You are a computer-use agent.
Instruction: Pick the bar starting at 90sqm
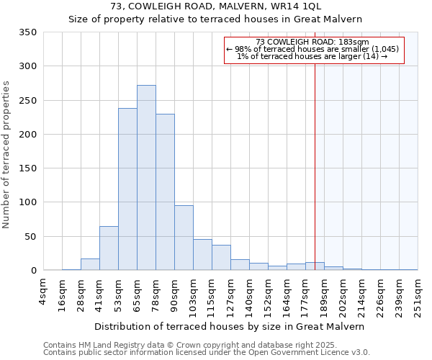point(184,238)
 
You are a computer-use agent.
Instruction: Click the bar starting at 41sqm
point(109,248)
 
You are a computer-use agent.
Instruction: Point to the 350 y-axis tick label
point(28,32)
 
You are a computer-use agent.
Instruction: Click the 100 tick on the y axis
point(28,202)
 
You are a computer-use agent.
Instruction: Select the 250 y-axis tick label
point(28,100)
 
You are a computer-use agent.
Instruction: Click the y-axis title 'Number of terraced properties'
point(7,155)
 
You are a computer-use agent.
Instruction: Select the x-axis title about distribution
point(229,326)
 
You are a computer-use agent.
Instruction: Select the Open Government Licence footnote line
point(207,352)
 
